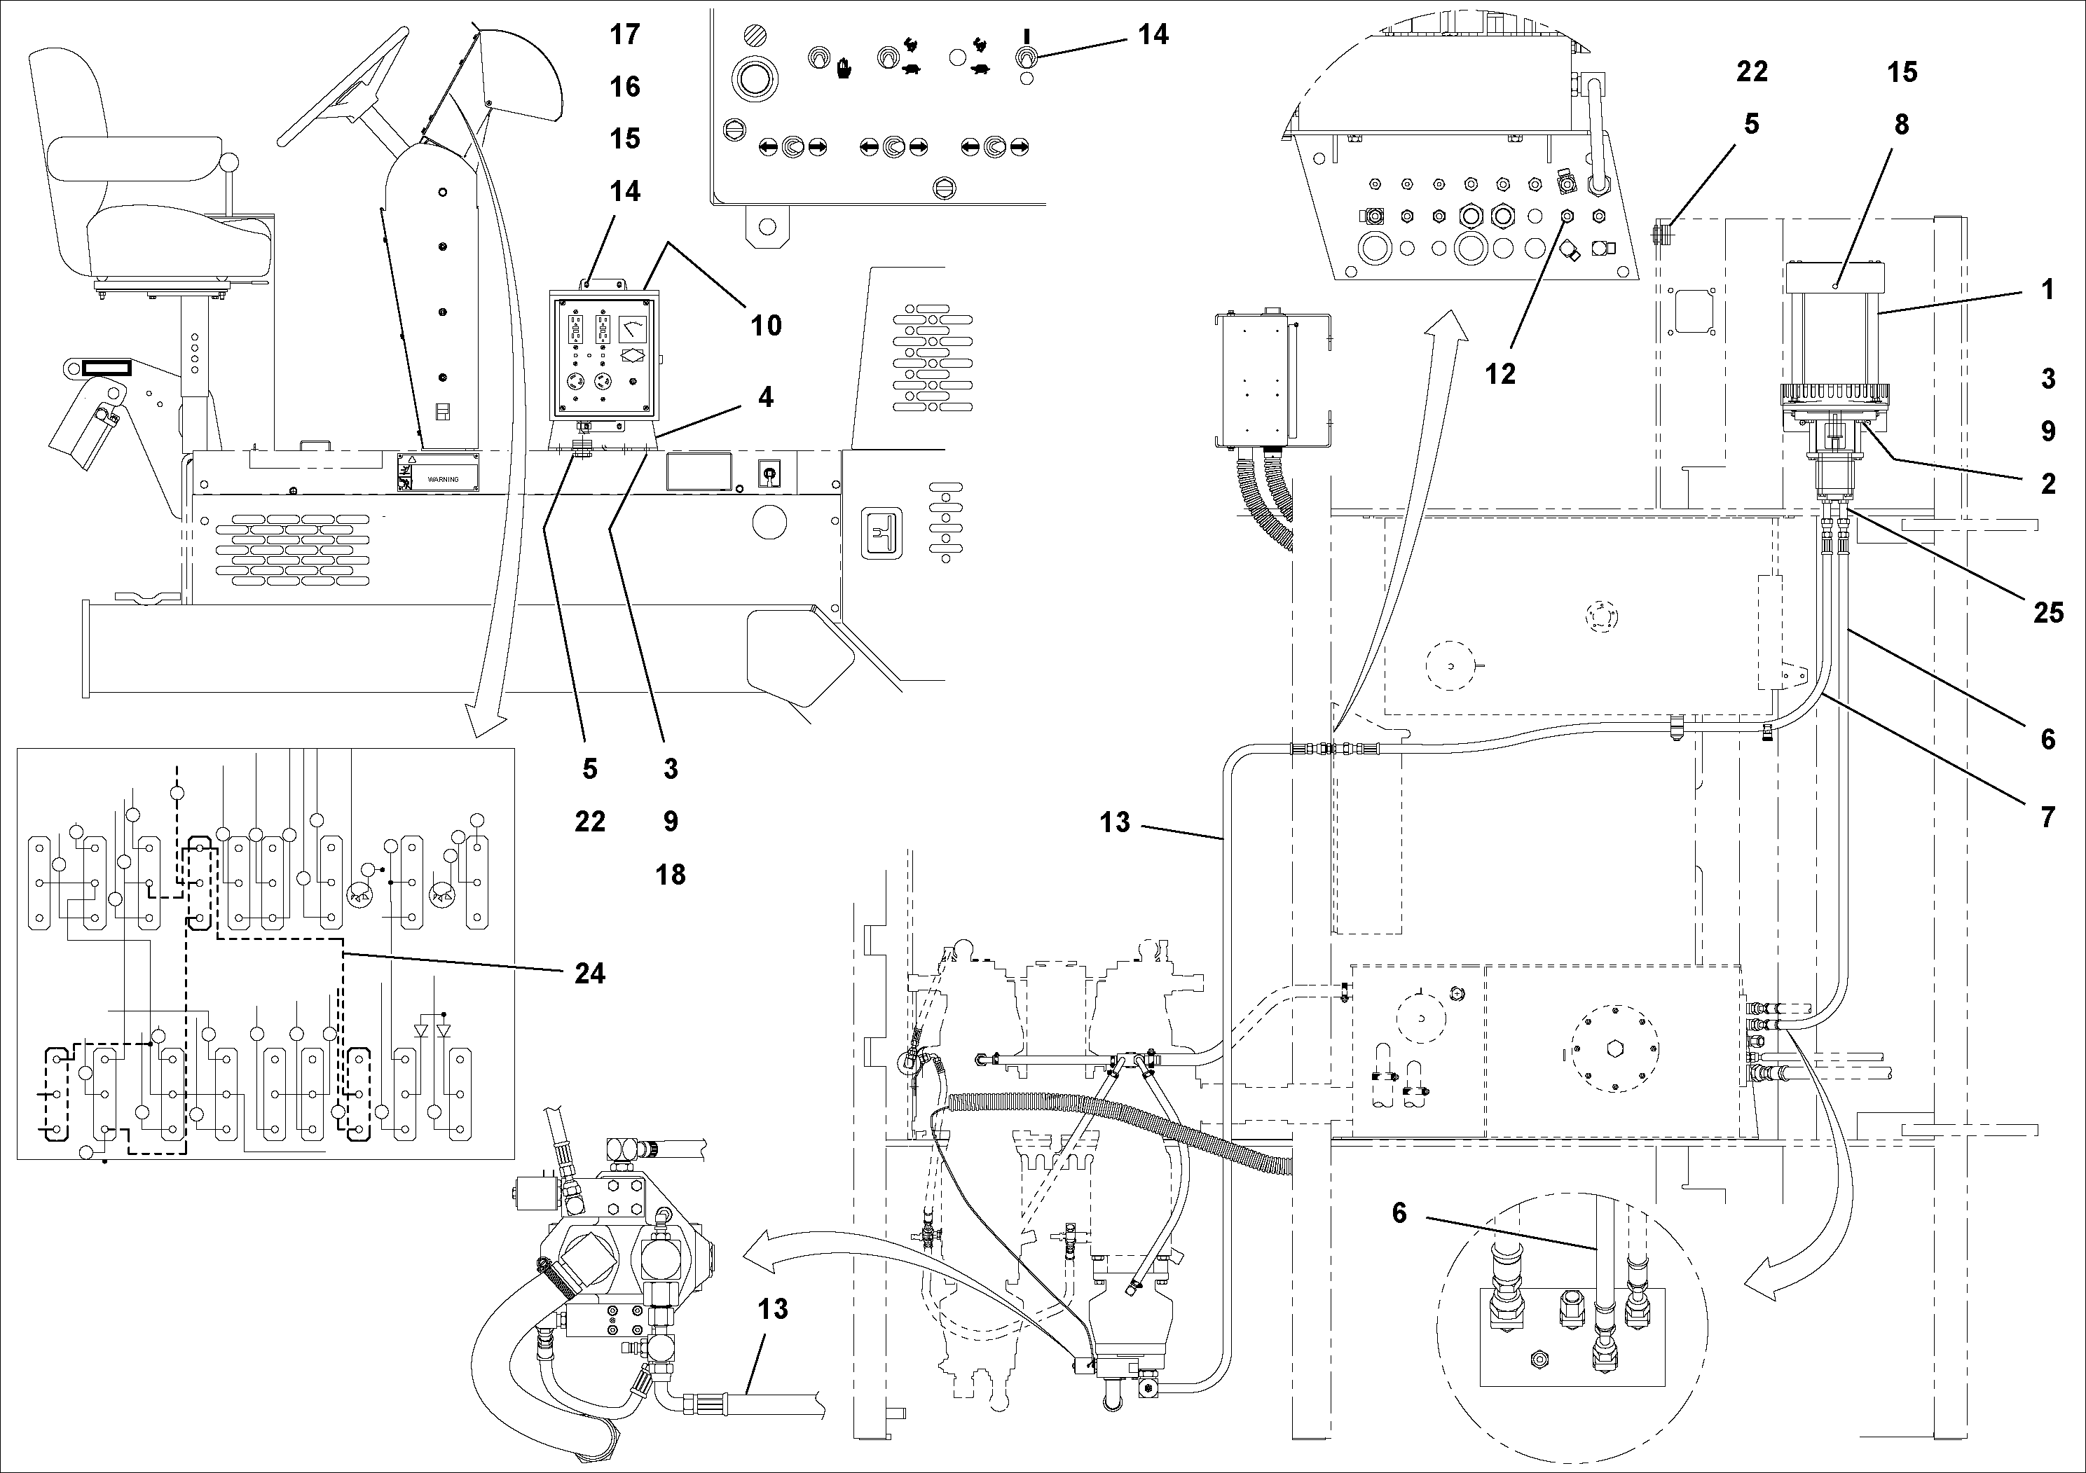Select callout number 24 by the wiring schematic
589,974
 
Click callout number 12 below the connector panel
1500,373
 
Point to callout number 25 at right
2048,612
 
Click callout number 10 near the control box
766,325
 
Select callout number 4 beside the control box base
766,397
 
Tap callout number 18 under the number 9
671,875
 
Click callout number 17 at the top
625,34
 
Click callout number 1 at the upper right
2048,290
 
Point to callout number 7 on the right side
2048,817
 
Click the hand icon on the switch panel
844,65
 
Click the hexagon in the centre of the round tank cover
1615,1049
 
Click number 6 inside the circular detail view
1399,1213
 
